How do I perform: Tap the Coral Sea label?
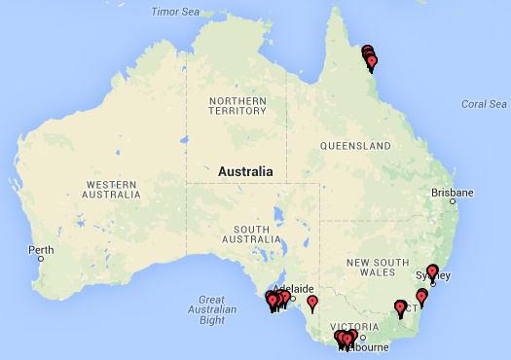pyautogui.click(x=484, y=104)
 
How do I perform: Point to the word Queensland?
pyautogui.click(x=356, y=146)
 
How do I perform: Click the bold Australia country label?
pyautogui.click(x=245, y=171)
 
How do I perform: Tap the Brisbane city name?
pyautogui.click(x=453, y=193)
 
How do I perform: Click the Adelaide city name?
pyautogui.click(x=295, y=289)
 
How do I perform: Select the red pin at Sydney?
pyautogui.click(x=433, y=271)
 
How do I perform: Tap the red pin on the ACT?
pyautogui.click(x=400, y=308)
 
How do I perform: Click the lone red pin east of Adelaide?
pyautogui.click(x=312, y=302)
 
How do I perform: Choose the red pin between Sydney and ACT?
pyautogui.click(x=421, y=295)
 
